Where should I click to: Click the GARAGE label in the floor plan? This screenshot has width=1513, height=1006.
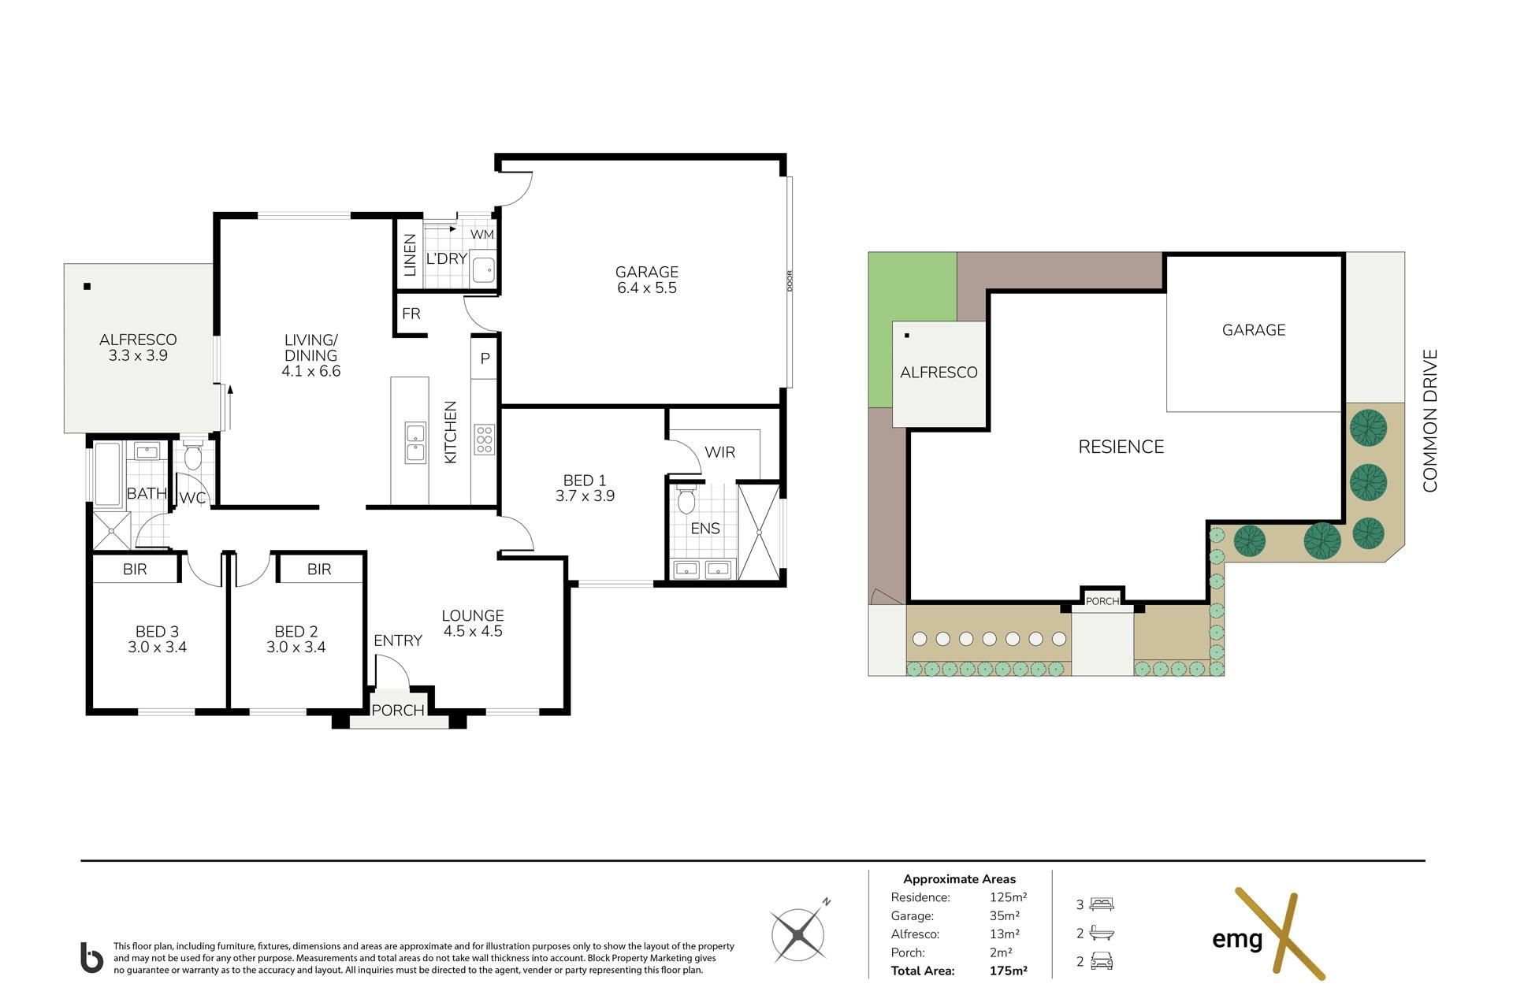(646, 272)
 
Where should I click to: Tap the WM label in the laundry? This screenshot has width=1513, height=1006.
(482, 235)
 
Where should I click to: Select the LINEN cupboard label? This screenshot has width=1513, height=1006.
(410, 254)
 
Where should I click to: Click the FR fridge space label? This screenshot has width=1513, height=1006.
(411, 314)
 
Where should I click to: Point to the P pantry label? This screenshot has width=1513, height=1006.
(485, 358)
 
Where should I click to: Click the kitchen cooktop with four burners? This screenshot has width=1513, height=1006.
(484, 440)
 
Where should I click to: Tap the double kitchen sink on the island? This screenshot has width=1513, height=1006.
(415, 442)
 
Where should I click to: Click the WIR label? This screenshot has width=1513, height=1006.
(719, 452)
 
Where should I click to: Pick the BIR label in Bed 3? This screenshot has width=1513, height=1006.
(135, 569)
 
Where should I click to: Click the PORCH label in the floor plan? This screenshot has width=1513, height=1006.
(398, 710)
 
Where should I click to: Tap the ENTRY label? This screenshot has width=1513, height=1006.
(398, 640)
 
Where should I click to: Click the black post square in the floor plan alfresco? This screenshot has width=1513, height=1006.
(87, 286)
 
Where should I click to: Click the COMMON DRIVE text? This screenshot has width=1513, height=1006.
(1430, 421)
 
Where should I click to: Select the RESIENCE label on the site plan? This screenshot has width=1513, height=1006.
(1121, 447)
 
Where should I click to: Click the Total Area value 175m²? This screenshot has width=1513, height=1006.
(1008, 971)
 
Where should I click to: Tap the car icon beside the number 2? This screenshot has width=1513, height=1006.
(1102, 961)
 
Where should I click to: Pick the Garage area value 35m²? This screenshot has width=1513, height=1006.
(1005, 915)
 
